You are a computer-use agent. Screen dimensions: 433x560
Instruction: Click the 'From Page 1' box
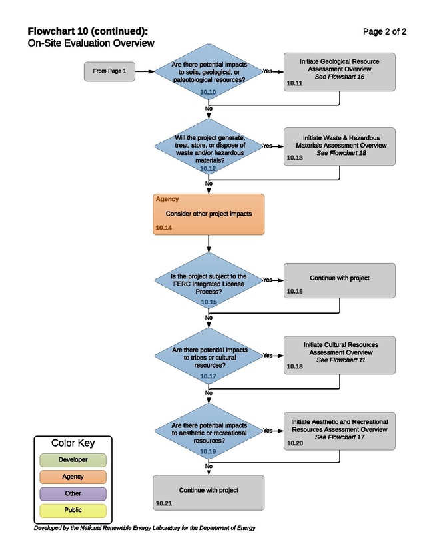109,71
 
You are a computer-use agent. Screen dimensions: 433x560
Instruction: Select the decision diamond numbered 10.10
209,71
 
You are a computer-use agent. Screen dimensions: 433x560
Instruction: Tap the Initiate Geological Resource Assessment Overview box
339,72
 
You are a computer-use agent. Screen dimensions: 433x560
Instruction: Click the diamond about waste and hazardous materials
209,146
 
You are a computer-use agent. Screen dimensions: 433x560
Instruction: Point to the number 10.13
294,158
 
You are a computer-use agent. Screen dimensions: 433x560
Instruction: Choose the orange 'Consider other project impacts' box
209,214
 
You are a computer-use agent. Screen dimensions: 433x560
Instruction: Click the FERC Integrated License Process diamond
209,280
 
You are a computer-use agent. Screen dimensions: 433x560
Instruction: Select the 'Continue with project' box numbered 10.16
339,280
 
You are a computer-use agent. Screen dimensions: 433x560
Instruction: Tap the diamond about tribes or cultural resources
209,356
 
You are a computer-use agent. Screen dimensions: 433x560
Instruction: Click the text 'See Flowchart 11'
341,360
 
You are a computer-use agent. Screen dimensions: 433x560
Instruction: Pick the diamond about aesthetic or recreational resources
209,431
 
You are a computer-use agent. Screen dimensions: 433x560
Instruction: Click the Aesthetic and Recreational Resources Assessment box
339,431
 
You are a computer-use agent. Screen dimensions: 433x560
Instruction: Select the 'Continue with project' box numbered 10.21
209,493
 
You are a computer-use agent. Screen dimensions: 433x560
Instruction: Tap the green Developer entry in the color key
73,460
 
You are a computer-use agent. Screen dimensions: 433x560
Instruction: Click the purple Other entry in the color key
73,493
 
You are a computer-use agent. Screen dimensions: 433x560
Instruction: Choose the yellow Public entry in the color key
73,510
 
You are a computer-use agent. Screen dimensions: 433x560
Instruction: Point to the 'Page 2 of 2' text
384,32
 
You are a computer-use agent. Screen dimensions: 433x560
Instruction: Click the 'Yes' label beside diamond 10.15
268,280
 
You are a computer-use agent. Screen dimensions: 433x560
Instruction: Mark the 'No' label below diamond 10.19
209,466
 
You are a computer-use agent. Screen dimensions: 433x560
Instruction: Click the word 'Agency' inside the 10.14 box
167,199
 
